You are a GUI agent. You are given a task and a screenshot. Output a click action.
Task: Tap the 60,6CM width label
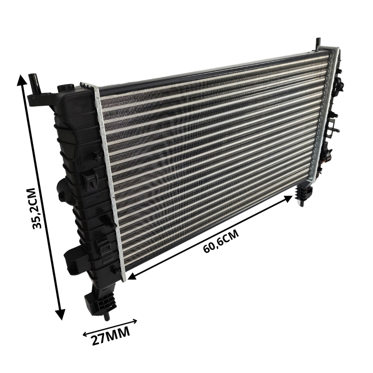point(221,242)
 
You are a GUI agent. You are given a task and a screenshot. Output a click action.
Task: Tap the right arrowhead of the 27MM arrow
point(135,321)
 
